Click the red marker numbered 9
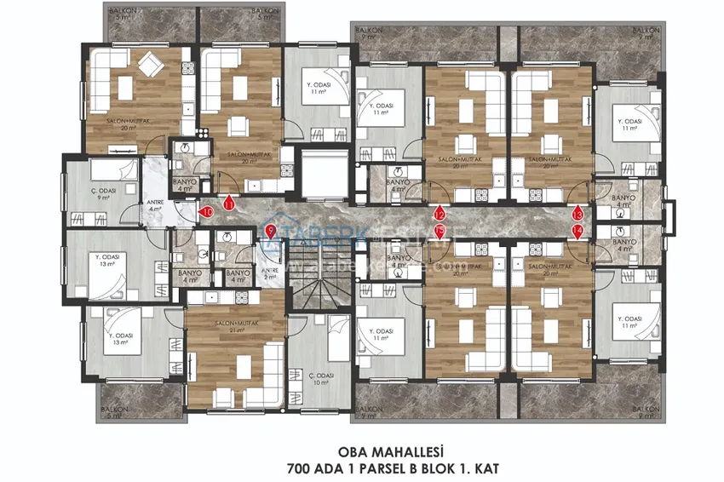point(270,230)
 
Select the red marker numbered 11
point(228,203)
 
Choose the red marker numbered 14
point(577,231)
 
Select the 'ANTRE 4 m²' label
point(154,205)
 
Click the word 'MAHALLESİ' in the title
point(400,453)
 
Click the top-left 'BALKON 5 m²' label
point(119,13)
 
